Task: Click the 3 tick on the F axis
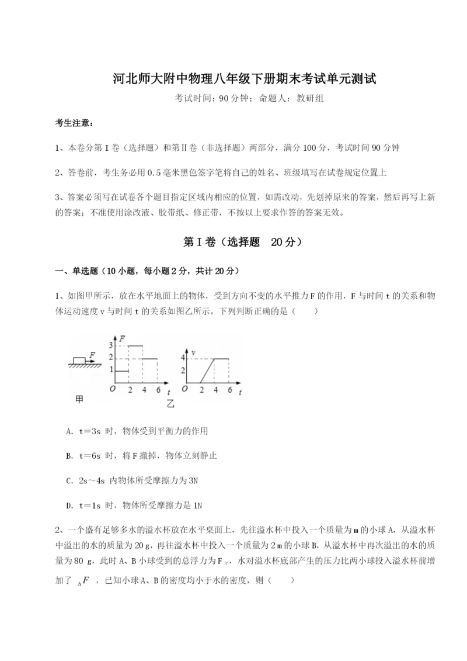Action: pyautogui.click(x=111, y=346)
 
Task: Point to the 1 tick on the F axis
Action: pyautogui.click(x=111, y=371)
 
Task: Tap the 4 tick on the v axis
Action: pyautogui.click(x=183, y=358)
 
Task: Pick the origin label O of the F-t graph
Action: pyautogui.click(x=112, y=389)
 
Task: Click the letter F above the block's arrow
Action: pyautogui.click(x=92, y=354)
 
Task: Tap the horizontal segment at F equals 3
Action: pyautogui.click(x=135, y=346)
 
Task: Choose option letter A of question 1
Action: pyautogui.click(x=70, y=431)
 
